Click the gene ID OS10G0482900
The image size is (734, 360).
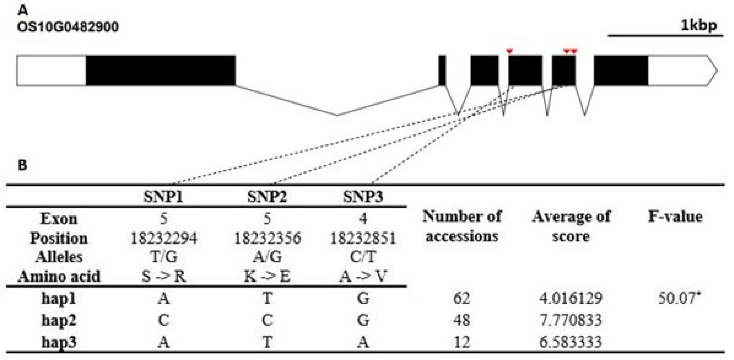click(68, 27)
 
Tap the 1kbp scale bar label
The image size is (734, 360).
click(699, 26)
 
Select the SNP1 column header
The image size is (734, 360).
click(163, 197)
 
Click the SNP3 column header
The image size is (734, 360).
click(363, 197)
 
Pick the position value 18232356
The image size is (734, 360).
click(267, 238)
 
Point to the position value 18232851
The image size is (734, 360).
click(363, 238)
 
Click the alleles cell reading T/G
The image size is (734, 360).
click(164, 257)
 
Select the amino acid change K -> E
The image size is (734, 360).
click(267, 276)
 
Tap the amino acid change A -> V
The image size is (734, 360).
click(363, 276)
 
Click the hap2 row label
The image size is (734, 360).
click(59, 320)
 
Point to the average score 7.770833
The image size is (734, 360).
click(571, 320)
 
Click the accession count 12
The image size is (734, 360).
click(462, 342)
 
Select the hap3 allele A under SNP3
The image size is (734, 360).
click(363, 342)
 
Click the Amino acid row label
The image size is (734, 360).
click(59, 276)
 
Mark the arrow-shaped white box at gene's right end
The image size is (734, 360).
click(683, 70)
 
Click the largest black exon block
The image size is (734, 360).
click(161, 70)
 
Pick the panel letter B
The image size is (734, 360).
click(22, 165)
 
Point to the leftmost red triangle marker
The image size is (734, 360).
click(510, 51)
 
